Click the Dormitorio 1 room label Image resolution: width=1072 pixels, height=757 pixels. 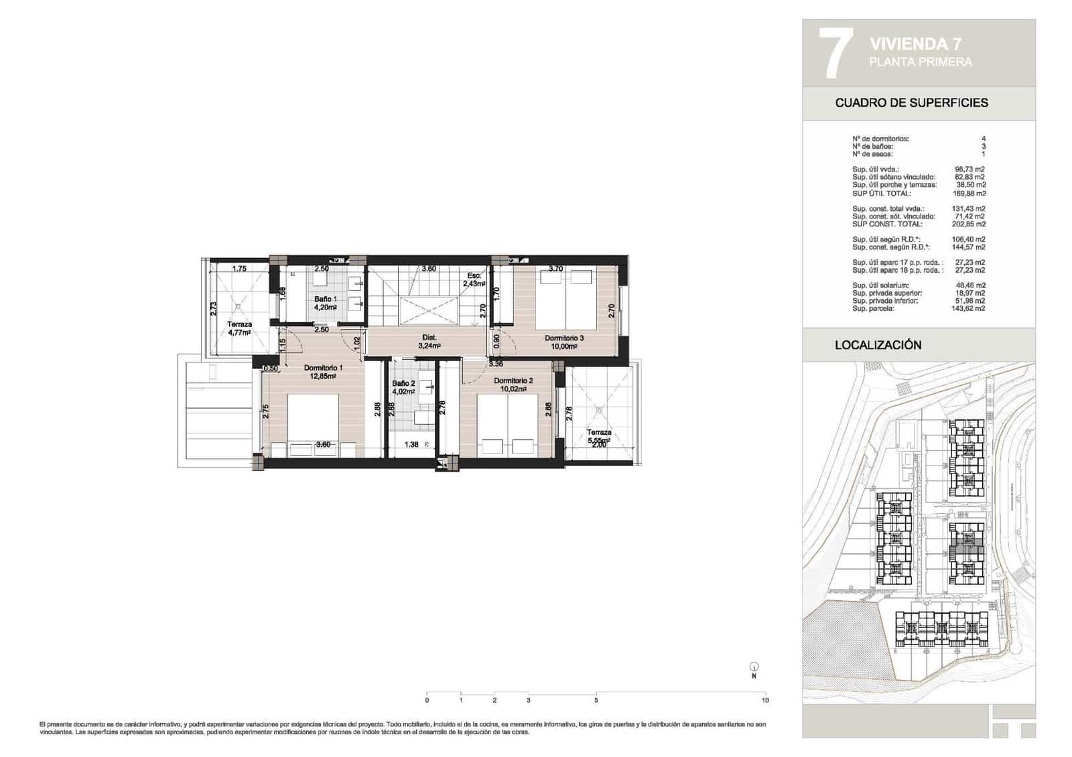[x=323, y=368]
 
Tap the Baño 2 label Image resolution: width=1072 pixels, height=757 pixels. [x=404, y=384]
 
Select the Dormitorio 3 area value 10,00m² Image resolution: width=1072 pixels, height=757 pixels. [x=564, y=346]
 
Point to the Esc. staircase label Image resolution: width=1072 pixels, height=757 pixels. [x=474, y=275]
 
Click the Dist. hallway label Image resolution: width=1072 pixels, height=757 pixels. [x=429, y=338]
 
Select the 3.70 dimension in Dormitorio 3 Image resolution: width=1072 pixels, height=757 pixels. [x=555, y=269]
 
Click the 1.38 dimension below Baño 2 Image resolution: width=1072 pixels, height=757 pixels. [x=411, y=444]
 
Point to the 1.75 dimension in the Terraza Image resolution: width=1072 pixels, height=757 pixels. [x=239, y=269]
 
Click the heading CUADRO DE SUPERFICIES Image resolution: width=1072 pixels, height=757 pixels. [x=911, y=103]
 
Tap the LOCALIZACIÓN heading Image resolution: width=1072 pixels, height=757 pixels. [x=878, y=345]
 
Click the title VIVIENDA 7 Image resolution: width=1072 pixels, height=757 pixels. [x=915, y=44]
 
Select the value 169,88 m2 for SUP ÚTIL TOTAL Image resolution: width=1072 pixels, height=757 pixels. [x=969, y=194]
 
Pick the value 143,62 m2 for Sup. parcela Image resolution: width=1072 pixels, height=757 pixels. [x=969, y=309]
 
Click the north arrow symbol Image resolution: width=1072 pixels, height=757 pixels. [x=754, y=667]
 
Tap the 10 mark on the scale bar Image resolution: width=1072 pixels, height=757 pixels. [x=765, y=701]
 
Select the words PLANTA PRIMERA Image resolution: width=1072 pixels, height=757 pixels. [x=920, y=62]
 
